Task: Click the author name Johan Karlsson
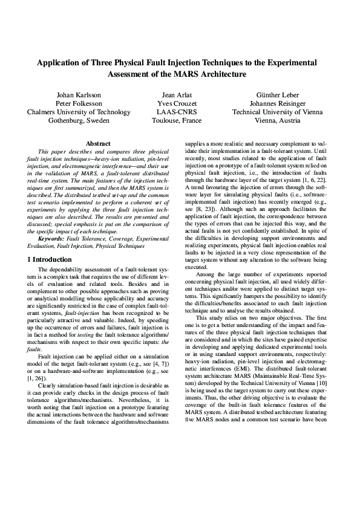(x=79, y=95)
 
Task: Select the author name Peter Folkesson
(x=79, y=103)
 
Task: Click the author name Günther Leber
(x=277, y=95)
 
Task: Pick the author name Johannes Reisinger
(x=277, y=103)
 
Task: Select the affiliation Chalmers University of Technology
(x=79, y=112)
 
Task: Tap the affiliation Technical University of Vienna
(x=277, y=112)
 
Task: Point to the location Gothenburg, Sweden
(x=79, y=120)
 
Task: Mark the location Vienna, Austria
(x=277, y=120)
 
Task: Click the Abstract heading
(x=98, y=143)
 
